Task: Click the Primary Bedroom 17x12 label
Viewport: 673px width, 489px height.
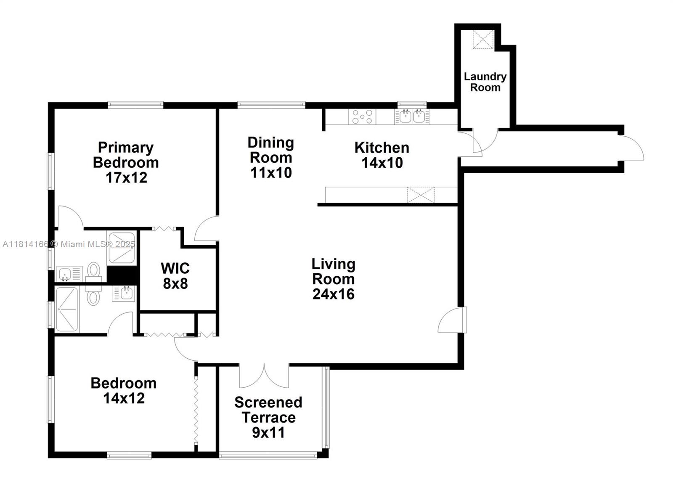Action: [126, 162]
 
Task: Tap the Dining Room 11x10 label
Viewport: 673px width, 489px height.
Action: [271, 158]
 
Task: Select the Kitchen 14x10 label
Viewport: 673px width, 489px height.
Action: [382, 155]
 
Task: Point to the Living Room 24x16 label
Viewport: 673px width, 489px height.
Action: [334, 279]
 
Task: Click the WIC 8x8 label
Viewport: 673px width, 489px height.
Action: [175, 276]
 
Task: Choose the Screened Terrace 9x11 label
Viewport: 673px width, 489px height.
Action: [268, 418]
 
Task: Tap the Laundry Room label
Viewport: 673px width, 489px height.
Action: [485, 82]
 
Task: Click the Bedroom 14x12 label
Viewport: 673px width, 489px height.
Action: [124, 391]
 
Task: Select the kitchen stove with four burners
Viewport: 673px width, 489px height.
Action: [362, 116]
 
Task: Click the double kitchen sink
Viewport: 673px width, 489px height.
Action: [412, 116]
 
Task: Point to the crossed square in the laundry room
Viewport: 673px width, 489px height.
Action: [483, 40]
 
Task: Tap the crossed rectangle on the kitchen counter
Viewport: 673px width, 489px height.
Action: [421, 195]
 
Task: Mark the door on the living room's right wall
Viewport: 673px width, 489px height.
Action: [453, 320]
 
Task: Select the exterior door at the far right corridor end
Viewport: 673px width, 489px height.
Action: [631, 148]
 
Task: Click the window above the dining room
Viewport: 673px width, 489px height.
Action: [271, 105]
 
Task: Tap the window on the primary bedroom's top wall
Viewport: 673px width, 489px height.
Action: [135, 105]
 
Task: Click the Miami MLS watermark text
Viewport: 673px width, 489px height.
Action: [69, 244]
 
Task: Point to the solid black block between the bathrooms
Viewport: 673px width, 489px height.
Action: [122, 275]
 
